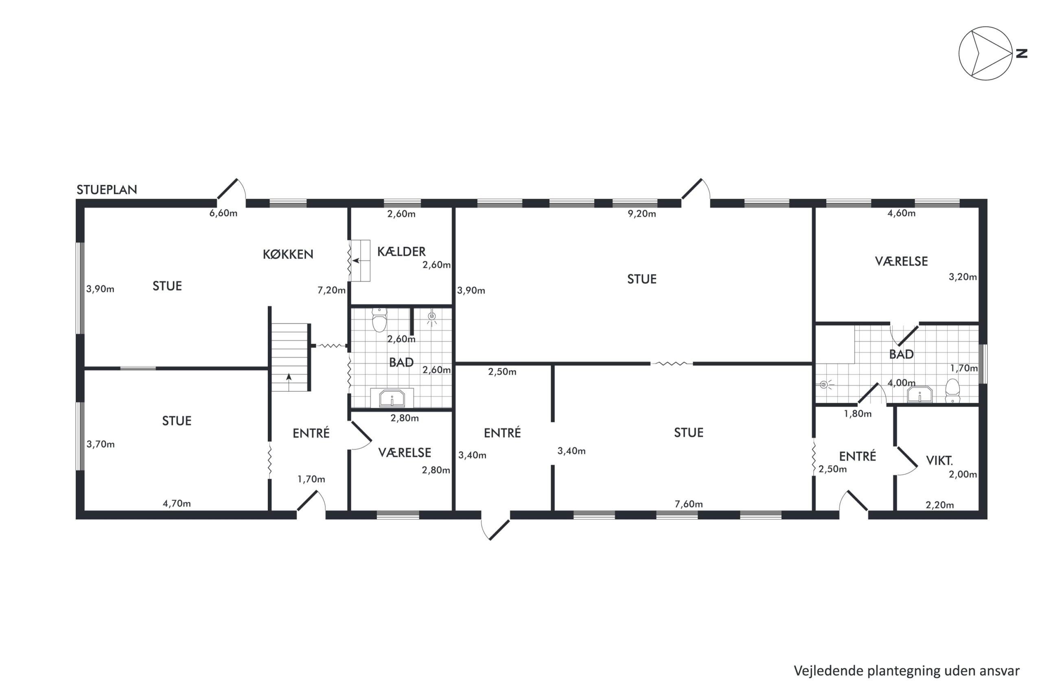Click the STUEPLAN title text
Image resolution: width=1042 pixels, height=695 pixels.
107,190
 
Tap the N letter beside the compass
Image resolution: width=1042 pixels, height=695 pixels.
1021,54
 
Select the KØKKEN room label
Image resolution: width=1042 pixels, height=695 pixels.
288,254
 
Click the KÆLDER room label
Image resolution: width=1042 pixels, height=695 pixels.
401,251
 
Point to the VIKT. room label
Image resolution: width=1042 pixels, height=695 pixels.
939,460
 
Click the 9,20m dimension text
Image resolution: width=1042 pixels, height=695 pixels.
641,214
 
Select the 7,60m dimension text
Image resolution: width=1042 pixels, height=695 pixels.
688,504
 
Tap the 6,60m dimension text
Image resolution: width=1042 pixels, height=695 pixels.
223,213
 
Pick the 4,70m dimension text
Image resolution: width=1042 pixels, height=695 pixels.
177,504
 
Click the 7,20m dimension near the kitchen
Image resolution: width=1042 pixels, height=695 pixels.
331,290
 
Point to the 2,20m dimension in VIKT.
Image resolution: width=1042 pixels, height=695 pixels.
940,505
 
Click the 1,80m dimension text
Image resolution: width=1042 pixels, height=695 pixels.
858,414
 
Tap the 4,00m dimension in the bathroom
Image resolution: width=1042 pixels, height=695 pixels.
902,383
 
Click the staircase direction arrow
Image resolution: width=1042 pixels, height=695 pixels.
289,382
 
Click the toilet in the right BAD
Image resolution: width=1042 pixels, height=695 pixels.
952,390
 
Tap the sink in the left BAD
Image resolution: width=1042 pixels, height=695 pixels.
392,398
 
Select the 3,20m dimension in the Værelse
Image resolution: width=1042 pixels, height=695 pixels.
963,277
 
